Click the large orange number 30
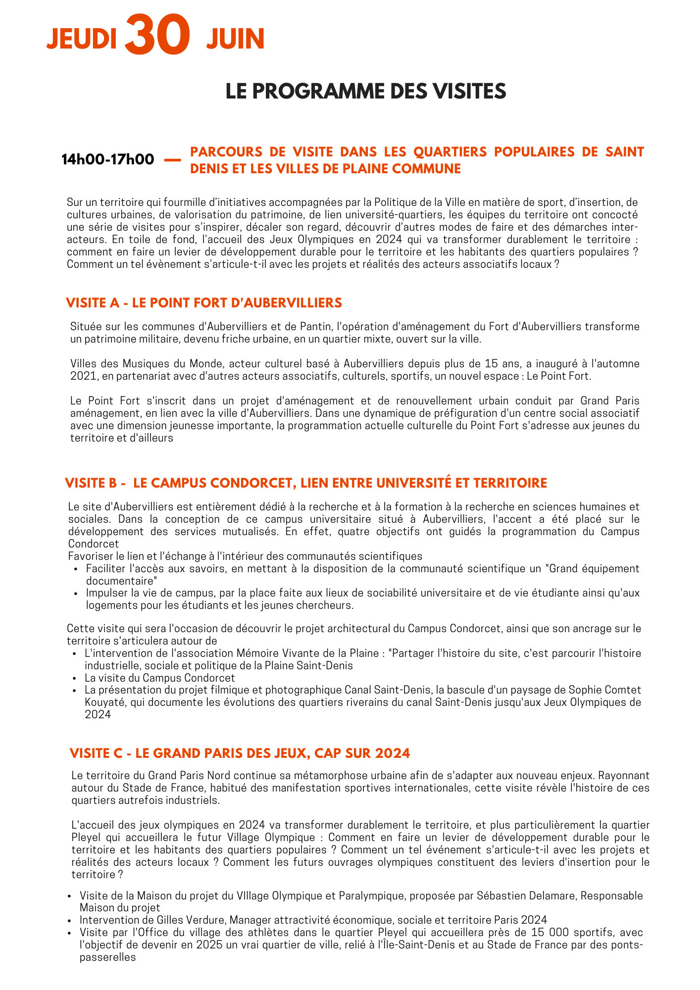click(157, 36)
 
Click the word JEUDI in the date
click(82, 39)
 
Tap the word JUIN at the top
click(235, 39)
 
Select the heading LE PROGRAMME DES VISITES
click(366, 92)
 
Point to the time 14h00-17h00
click(107, 159)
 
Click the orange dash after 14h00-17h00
click(171, 159)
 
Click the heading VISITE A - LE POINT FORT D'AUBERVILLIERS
click(204, 303)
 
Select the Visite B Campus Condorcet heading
click(306, 483)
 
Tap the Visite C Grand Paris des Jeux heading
click(240, 753)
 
